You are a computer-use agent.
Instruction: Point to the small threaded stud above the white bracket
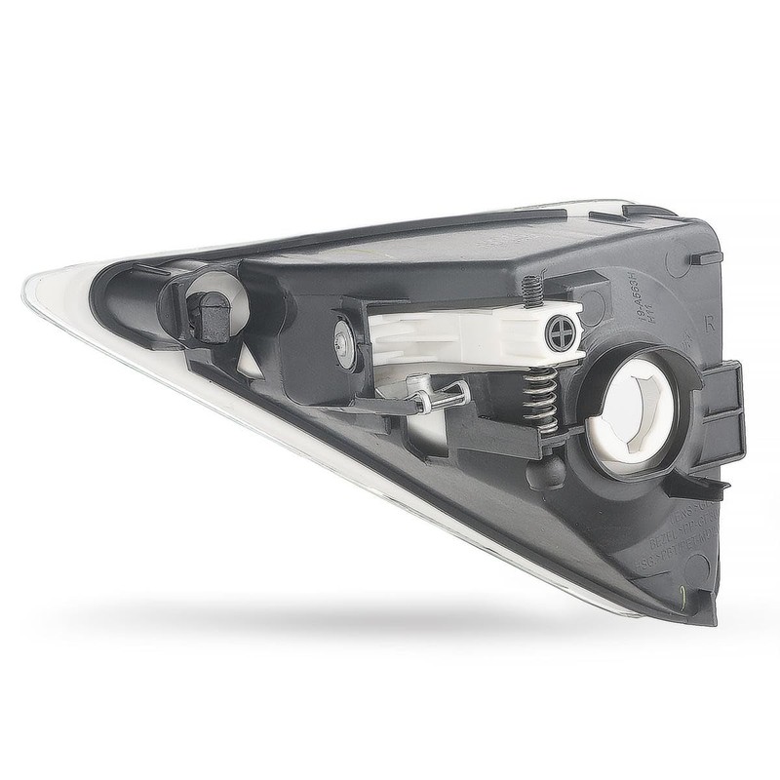[x=530, y=290]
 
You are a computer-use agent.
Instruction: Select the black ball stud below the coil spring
[x=546, y=471]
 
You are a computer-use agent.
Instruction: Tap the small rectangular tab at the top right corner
[x=705, y=258]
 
